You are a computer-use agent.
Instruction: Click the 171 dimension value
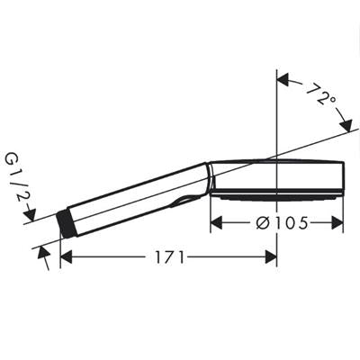tap(169, 257)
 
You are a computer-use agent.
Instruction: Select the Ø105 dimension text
tap(283, 223)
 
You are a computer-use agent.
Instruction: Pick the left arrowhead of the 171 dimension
tap(67, 257)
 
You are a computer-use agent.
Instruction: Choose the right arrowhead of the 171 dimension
tap(271, 257)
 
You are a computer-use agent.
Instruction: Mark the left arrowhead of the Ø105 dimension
tap(216, 223)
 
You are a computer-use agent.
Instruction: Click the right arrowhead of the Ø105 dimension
tap(337, 223)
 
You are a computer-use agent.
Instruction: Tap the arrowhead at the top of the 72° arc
tap(283, 79)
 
